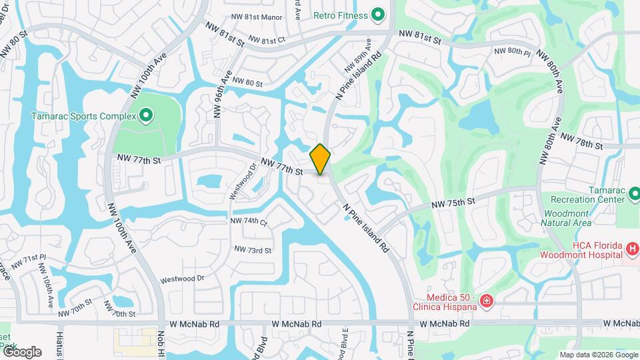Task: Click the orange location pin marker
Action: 321,159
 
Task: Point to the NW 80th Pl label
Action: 512,51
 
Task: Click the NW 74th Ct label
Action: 249,221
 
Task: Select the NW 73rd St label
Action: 253,250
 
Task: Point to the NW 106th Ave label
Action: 46,285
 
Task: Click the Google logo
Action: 21,351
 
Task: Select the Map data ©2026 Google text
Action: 597,355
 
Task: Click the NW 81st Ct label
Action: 267,41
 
